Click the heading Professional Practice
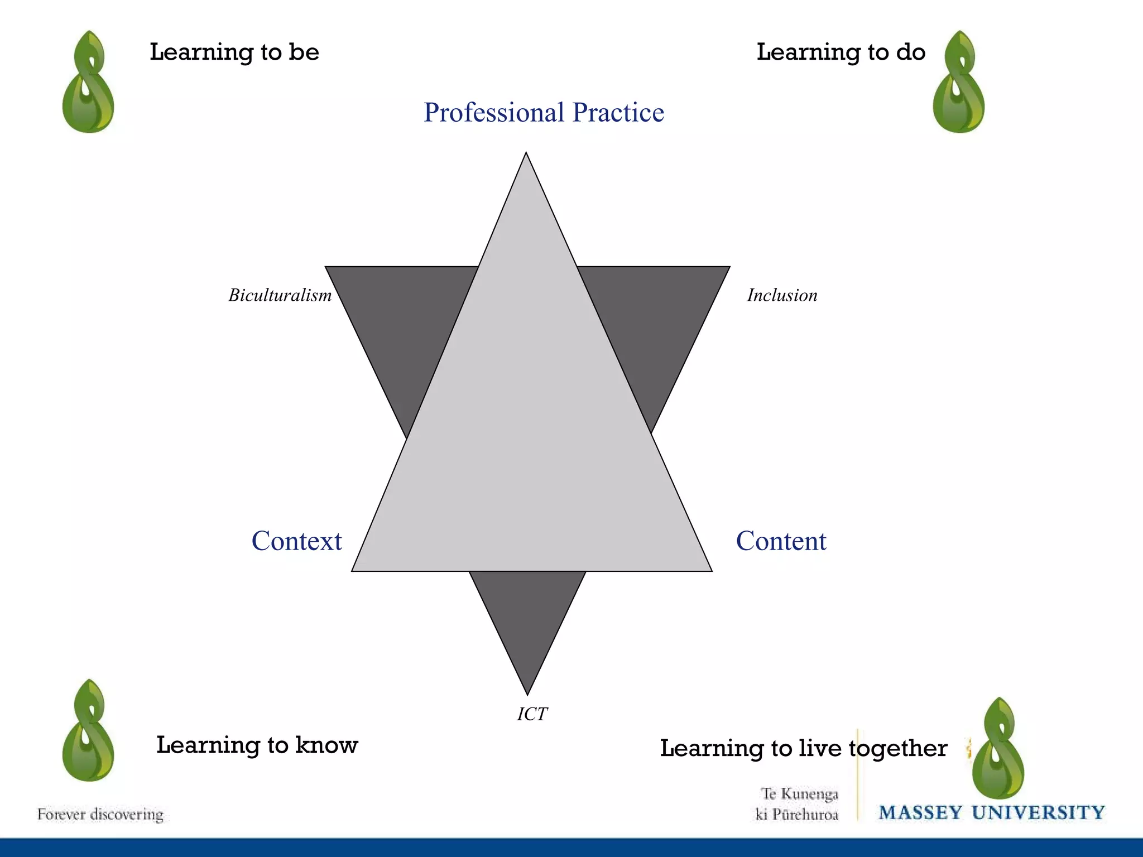[544, 113]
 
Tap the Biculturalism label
[280, 295]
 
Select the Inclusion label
[782, 295]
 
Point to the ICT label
[532, 714]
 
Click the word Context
[296, 541]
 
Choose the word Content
[781, 541]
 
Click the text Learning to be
[234, 52]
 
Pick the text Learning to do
[841, 52]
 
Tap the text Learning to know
[257, 745]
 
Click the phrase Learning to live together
[803, 748]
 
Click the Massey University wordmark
[991, 812]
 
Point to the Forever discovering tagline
[100, 815]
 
